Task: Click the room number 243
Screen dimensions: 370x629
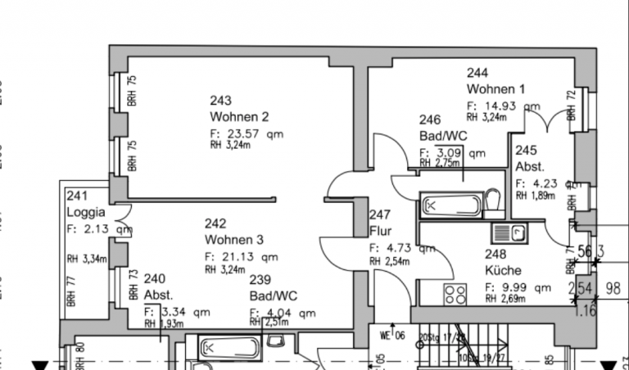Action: point(220,101)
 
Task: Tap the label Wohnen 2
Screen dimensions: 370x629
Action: point(239,116)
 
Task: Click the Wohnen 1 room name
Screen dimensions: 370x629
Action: point(496,88)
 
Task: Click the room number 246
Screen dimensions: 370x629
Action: point(430,120)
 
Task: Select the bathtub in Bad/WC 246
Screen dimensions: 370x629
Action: point(449,205)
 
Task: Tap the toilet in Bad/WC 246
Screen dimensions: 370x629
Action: point(491,201)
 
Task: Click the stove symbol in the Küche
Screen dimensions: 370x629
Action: point(455,293)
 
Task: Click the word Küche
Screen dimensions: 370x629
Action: point(503,270)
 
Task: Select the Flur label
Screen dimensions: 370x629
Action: point(381,231)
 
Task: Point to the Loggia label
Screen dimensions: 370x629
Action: point(86,212)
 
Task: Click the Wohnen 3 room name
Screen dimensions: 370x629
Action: point(234,240)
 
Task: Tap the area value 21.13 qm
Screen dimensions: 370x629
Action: point(242,256)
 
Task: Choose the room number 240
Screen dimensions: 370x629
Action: point(154,279)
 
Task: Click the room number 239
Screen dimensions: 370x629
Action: point(260,279)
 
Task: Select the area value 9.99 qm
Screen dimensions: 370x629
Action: point(512,287)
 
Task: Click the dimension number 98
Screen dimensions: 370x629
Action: point(613,288)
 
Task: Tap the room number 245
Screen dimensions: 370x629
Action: point(526,151)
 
